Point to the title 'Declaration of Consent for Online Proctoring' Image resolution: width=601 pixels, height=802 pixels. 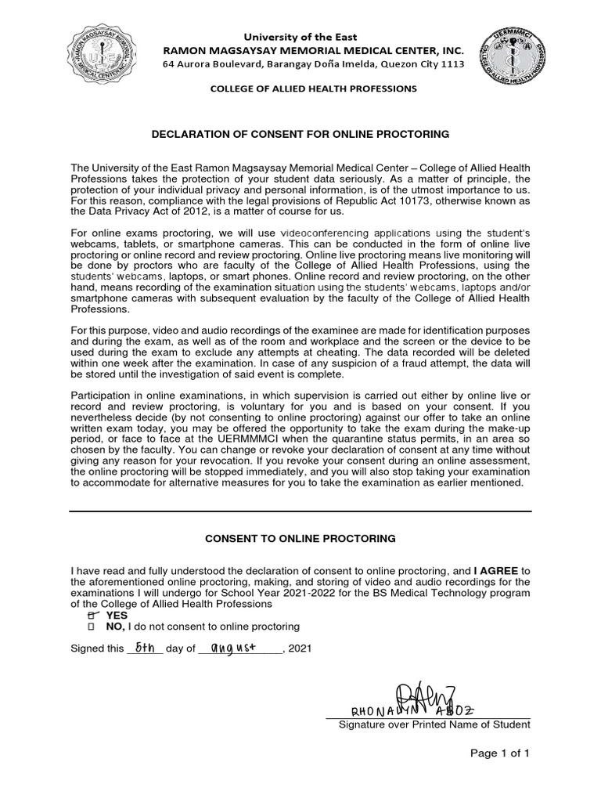click(x=300, y=135)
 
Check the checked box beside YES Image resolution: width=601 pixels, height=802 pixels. click(x=94, y=616)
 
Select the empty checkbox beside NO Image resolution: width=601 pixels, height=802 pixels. click(x=93, y=627)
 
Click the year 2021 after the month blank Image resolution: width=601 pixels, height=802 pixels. click(x=300, y=649)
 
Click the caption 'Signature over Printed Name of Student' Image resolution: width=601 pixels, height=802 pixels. click(x=434, y=724)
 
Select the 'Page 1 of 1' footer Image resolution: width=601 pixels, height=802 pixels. click(x=499, y=753)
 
